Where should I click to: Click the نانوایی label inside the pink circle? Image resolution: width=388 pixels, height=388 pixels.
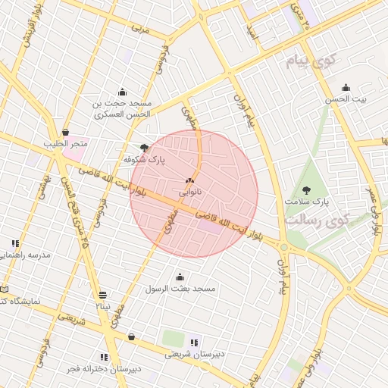[189, 193]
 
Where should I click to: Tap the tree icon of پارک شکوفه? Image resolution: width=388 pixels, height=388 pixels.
[144, 148]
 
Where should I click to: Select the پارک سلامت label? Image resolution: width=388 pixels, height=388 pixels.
[307, 202]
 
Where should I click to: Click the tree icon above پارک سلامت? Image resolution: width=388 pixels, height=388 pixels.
[307, 190]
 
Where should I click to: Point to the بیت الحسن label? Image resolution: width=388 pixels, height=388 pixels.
[346, 99]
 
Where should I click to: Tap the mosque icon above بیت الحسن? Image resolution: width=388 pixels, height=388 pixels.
[346, 87]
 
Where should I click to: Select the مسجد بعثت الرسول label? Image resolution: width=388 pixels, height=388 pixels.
[180, 289]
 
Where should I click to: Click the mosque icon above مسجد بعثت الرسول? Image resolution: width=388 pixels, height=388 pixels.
[180, 277]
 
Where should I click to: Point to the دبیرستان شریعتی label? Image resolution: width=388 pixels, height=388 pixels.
[196, 355]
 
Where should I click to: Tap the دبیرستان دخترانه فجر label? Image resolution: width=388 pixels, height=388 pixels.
[105, 369]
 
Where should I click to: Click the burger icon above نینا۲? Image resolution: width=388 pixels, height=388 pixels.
[102, 294]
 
